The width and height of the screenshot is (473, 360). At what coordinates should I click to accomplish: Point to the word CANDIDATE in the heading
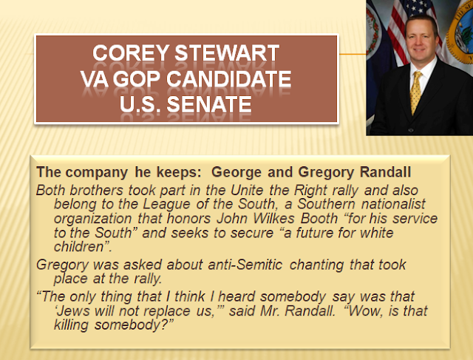tap(228, 79)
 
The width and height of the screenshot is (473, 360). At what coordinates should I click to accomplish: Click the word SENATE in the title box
tap(208, 104)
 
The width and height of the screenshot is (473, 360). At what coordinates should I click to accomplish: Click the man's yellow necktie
tap(415, 92)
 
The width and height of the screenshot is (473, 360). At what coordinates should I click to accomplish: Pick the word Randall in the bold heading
tap(385, 172)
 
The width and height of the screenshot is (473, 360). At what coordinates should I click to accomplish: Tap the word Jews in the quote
tap(73, 310)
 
